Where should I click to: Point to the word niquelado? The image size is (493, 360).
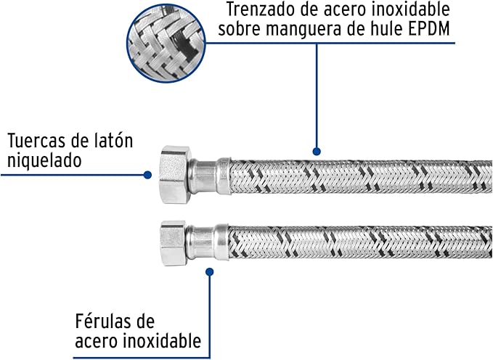[44, 160]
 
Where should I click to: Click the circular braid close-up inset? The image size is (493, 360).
[166, 44]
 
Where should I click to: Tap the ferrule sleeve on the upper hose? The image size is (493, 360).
[210, 176]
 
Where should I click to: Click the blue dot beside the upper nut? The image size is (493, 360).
[147, 175]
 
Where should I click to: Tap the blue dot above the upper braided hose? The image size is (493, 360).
[317, 151]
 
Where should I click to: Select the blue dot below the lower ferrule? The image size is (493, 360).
[210, 272]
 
